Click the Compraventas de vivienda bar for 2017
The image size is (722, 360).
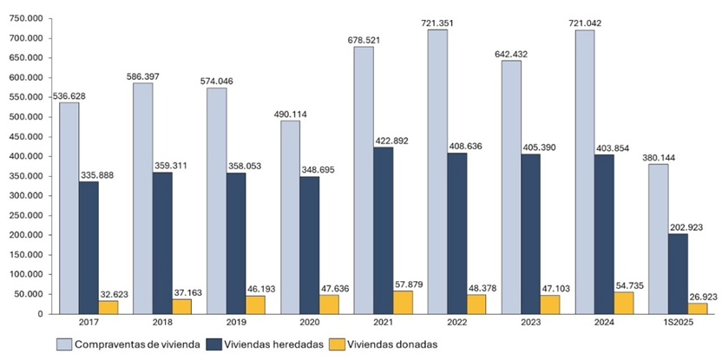click(x=69, y=208)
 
